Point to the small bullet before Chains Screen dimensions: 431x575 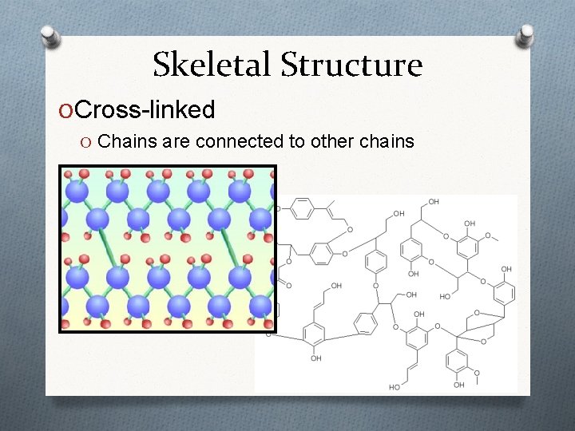[x=85, y=142]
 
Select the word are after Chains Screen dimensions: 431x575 [x=176, y=142]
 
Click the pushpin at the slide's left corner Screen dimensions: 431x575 [x=50, y=37]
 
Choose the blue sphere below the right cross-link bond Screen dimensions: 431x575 [x=239, y=277]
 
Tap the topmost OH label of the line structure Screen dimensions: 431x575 [x=433, y=202]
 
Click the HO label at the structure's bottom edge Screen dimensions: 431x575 [x=395, y=387]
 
